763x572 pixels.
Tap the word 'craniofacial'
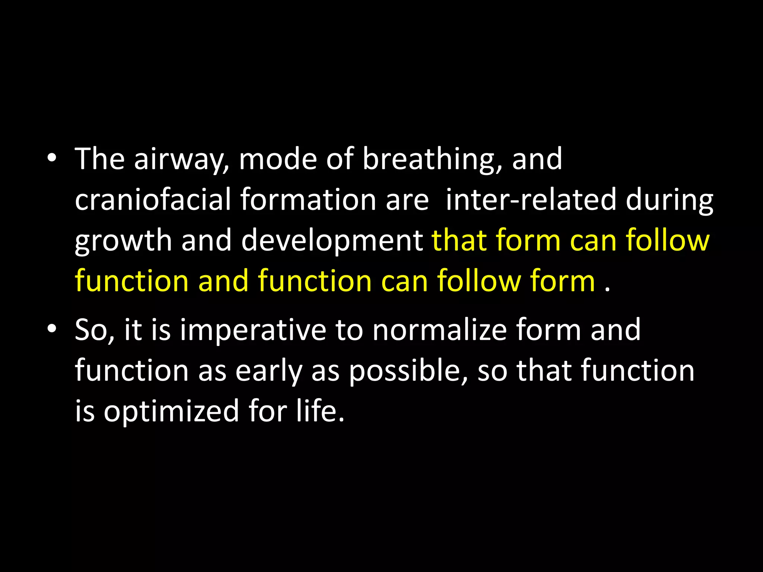153,200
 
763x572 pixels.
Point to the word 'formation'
308,200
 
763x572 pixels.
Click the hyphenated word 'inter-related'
531,200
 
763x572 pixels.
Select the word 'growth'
123,241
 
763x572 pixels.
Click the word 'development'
332,241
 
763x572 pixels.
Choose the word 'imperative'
253,331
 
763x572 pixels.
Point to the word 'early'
269,372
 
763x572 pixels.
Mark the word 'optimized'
171,412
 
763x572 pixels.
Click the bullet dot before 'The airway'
52,159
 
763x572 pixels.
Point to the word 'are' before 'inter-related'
407,200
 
